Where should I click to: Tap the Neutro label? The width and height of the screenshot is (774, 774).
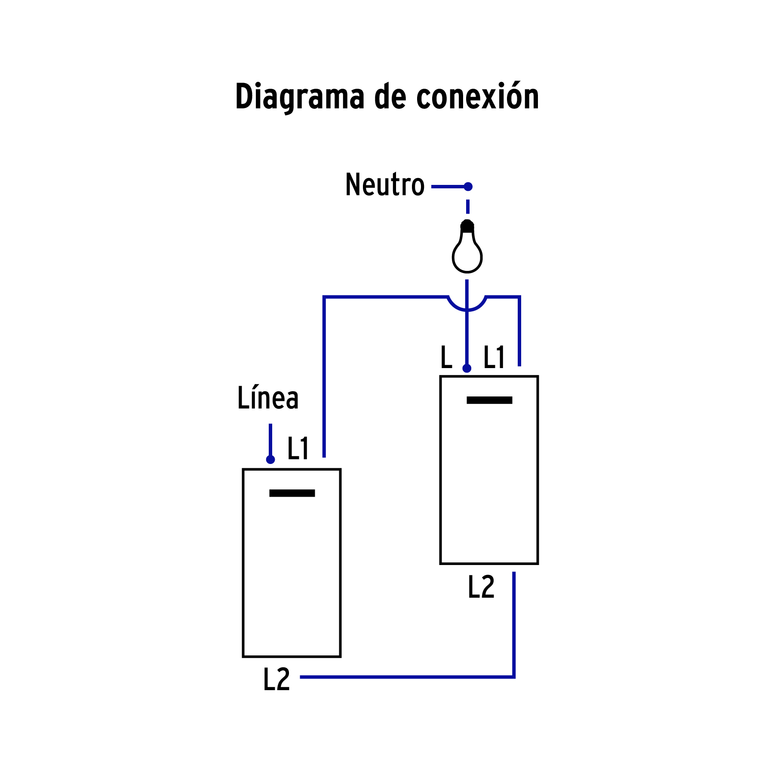click(x=385, y=185)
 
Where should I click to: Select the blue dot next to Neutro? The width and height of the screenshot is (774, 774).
click(x=468, y=187)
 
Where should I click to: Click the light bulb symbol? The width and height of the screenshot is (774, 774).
click(x=467, y=254)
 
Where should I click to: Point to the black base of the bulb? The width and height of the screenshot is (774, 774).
click(x=467, y=226)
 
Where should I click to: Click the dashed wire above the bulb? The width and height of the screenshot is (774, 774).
click(x=468, y=206)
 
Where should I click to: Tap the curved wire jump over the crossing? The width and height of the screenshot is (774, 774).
click(x=467, y=305)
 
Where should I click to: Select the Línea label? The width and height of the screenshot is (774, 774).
click(x=268, y=398)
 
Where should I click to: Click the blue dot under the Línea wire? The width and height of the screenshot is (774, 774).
click(x=270, y=460)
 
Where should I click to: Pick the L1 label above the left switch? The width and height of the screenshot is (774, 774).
click(x=298, y=448)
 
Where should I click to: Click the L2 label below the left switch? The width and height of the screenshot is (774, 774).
click(x=276, y=680)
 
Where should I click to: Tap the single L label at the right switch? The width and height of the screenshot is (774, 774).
click(x=446, y=357)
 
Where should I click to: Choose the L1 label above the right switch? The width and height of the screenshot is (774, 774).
click(x=494, y=357)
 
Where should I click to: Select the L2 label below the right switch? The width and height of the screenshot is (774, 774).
click(x=481, y=587)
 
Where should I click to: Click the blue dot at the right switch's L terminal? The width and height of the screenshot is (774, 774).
click(x=467, y=369)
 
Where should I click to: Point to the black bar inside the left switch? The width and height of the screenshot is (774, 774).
click(x=292, y=493)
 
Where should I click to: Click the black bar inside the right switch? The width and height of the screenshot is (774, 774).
click(x=489, y=400)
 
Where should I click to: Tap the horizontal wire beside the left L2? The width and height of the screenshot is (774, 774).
click(x=404, y=677)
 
